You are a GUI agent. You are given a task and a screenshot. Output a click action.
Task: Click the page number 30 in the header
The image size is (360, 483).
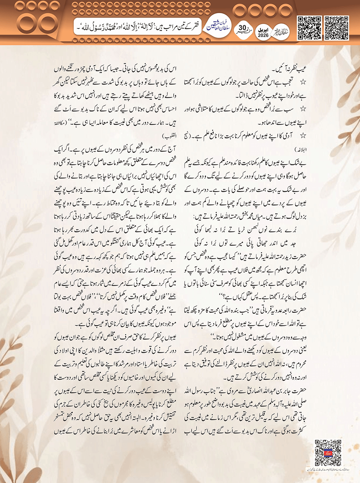(242, 28)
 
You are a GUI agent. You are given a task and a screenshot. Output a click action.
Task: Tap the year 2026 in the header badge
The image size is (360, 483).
(263, 35)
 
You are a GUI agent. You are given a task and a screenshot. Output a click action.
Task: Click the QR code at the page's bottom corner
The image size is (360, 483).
(328, 453)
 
